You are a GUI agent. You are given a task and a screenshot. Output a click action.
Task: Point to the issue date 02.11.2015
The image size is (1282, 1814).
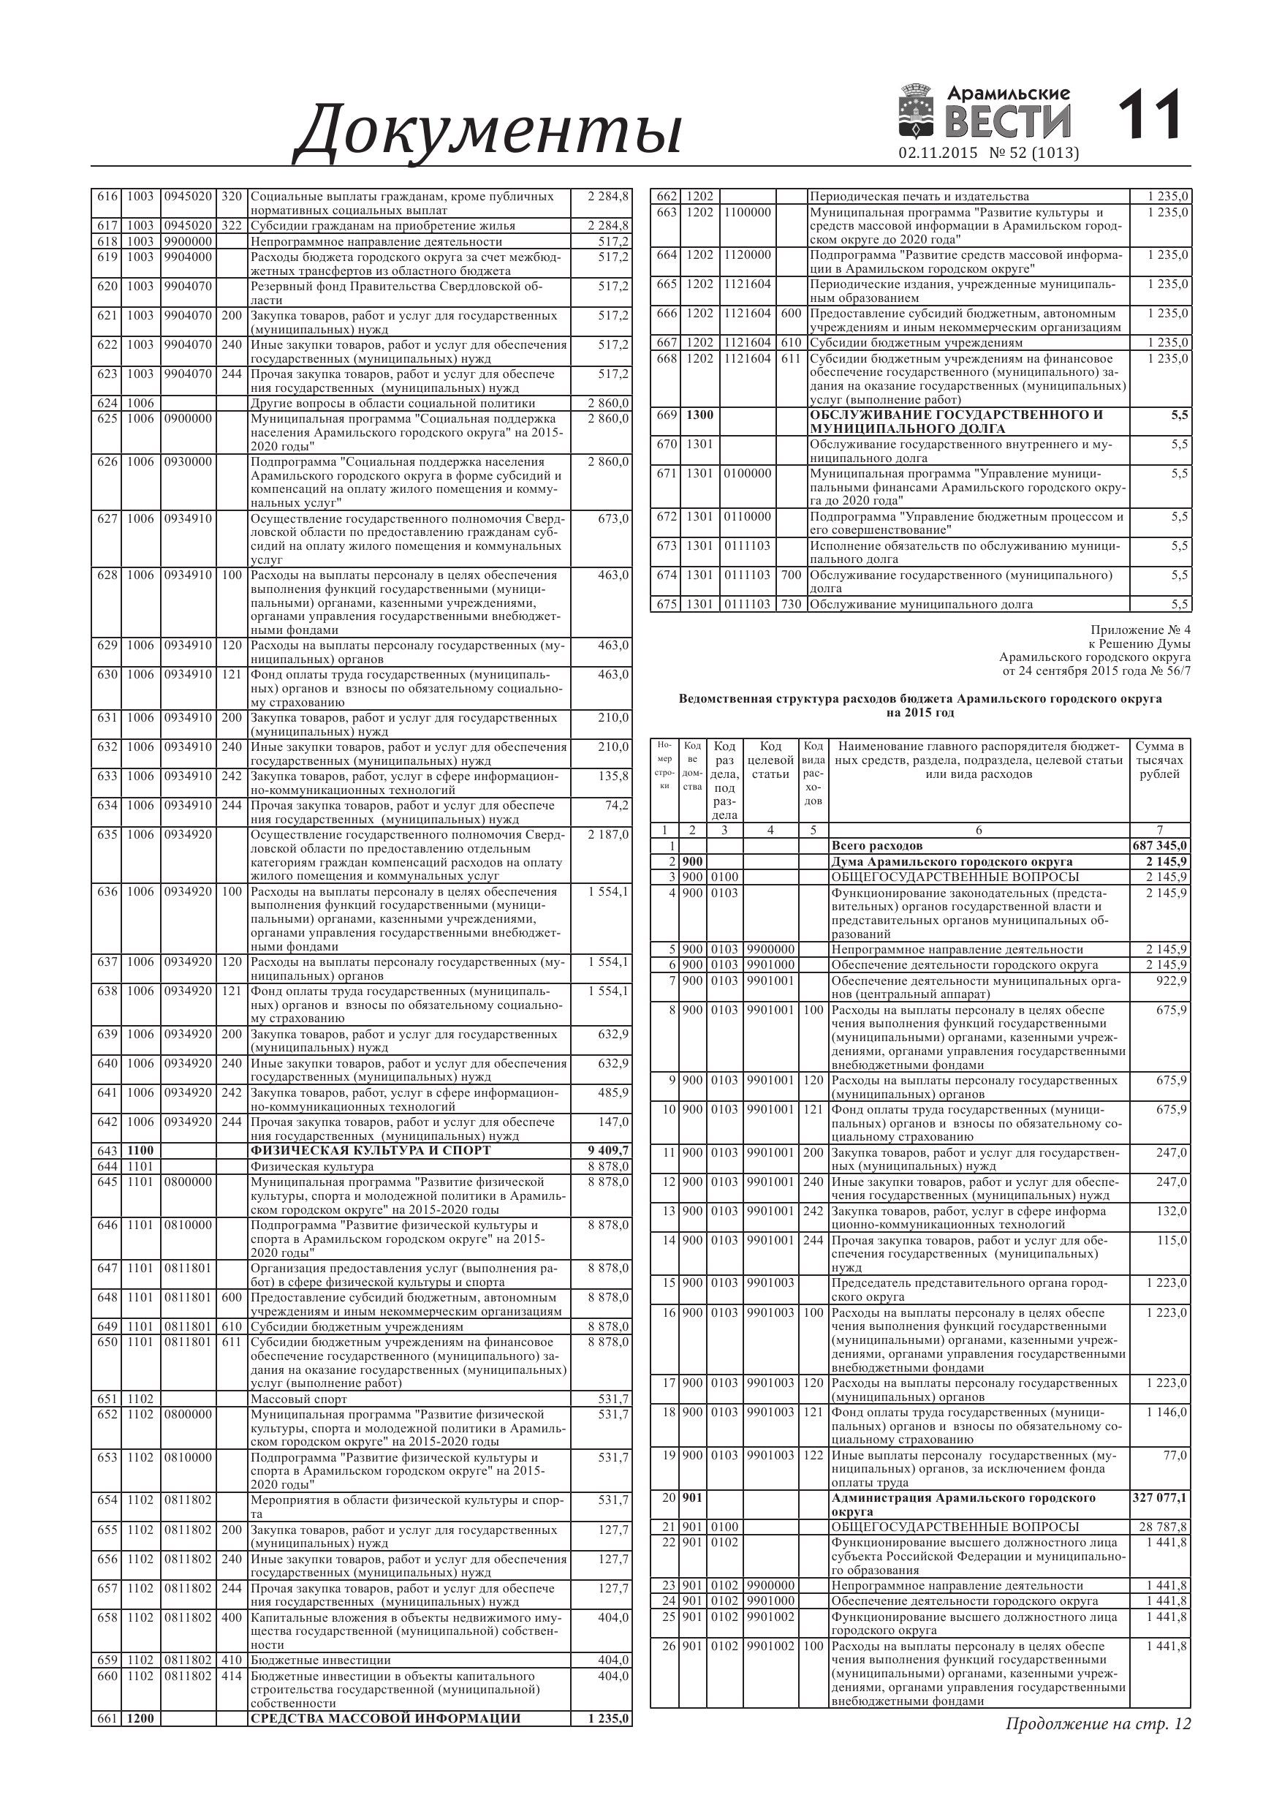[x=938, y=153]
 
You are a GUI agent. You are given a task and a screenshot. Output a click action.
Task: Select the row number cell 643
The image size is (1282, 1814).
[x=107, y=1150]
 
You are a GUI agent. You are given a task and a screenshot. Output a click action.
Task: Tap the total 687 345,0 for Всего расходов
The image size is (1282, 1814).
[x=1159, y=846]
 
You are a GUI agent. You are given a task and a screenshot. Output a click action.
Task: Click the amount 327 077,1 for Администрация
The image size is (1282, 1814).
[x=1159, y=1498]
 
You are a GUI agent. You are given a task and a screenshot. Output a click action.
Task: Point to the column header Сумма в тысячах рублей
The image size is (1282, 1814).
[x=1158, y=760]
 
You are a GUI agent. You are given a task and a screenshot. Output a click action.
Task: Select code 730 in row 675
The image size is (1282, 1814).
[x=791, y=605]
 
